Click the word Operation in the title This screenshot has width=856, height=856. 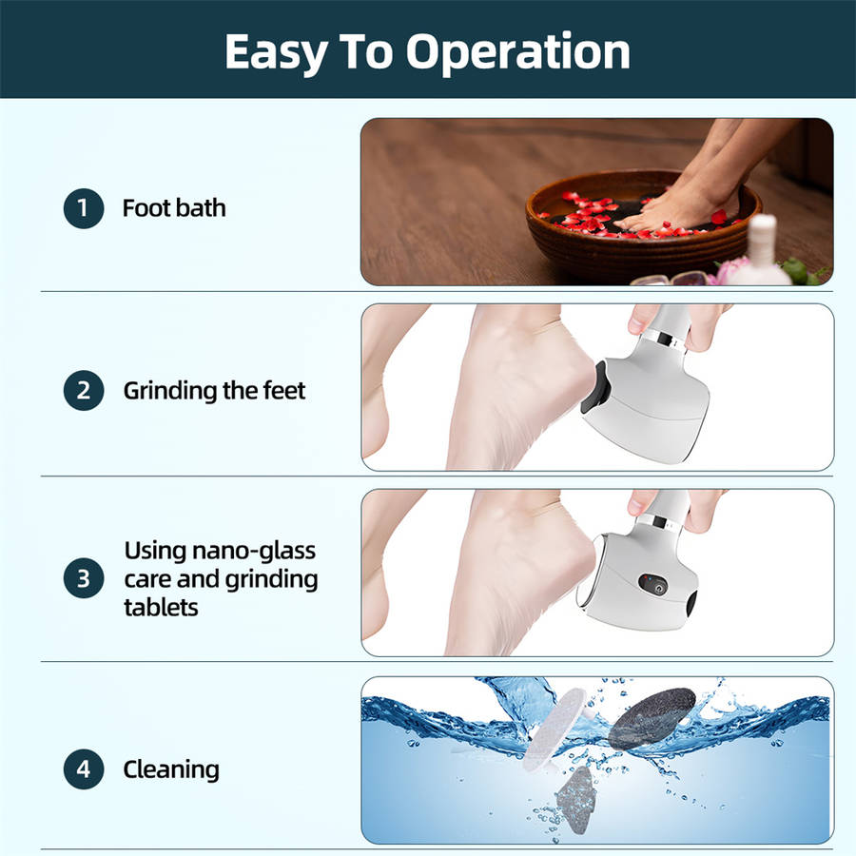tap(517, 53)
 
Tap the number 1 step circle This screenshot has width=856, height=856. tap(84, 208)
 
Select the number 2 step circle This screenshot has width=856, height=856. tap(84, 390)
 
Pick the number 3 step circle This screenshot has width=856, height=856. tap(84, 578)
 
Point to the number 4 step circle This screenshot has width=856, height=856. tap(84, 769)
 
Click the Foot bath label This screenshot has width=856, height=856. tap(174, 208)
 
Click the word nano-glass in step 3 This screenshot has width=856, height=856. tap(254, 551)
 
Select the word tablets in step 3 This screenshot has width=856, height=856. tap(161, 607)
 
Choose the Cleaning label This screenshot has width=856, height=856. tap(171, 769)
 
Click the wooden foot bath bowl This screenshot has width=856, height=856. tap(643, 241)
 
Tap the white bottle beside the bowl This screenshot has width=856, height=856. tap(761, 251)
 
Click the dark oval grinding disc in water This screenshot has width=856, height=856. tap(652, 718)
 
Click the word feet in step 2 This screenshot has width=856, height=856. tap(283, 390)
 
